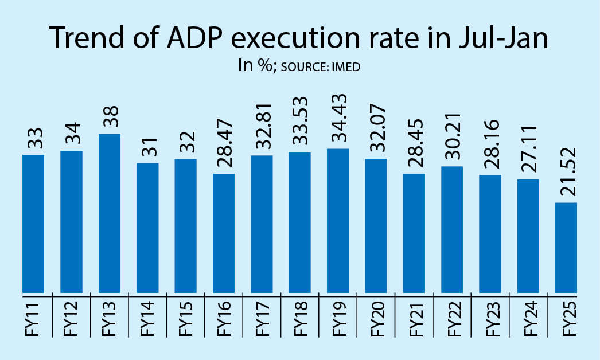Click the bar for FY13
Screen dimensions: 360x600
click(x=110, y=213)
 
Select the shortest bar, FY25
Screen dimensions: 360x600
click(x=566, y=248)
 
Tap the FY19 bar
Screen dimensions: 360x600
click(x=338, y=221)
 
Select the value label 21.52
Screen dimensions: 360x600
click(x=566, y=172)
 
